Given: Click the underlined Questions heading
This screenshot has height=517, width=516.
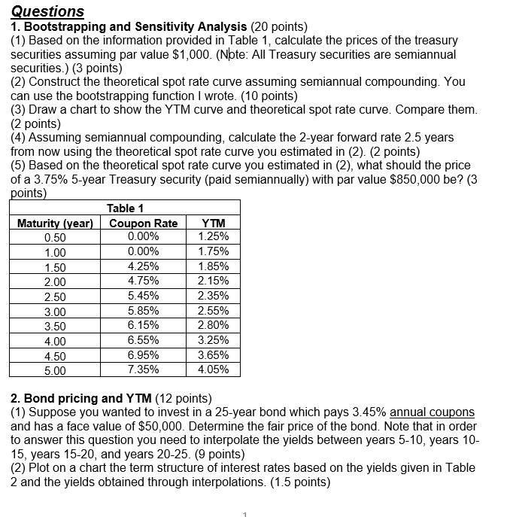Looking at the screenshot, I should (47, 11).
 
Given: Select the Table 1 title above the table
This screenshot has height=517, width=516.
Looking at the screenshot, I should (125, 208).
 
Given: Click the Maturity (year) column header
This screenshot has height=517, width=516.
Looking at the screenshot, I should (55, 223).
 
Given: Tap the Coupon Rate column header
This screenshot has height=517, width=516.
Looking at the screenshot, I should (143, 223).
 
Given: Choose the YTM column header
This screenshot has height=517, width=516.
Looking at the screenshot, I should (213, 223).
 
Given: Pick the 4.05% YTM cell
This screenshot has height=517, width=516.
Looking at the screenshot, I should (213, 370).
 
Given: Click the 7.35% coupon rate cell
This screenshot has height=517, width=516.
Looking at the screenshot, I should (143, 370).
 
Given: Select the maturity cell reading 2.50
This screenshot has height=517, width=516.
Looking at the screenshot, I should (55, 297).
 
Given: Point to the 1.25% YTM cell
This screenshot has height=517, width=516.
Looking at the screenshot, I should (213, 236).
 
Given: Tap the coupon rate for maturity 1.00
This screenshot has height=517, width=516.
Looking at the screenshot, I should (143, 251).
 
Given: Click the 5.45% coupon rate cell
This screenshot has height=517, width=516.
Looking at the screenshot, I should (143, 296).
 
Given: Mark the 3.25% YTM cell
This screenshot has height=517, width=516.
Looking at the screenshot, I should (213, 340).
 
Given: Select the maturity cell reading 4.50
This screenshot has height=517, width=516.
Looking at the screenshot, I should (55, 355).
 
